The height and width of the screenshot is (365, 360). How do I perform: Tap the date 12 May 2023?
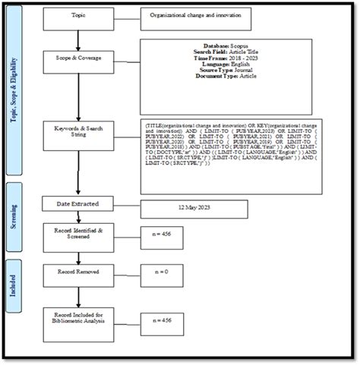point(194,208)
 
